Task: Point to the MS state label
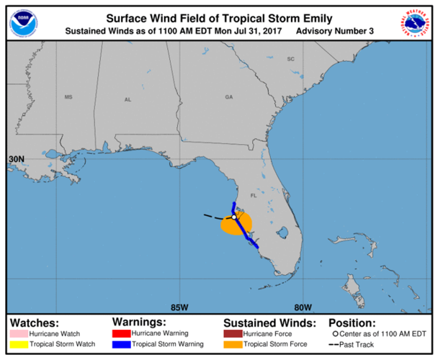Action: [x=69, y=97]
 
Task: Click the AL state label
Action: [x=128, y=99]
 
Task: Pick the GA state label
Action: [x=229, y=96]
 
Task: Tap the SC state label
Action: [x=292, y=58]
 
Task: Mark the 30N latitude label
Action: [x=17, y=158]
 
